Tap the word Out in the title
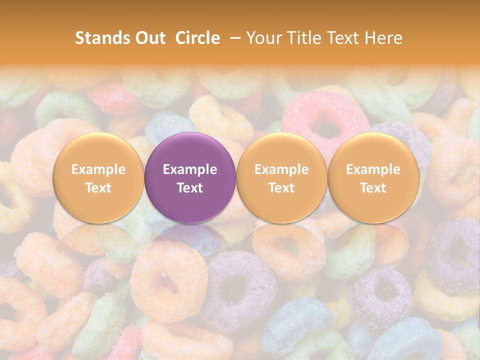tap(149, 38)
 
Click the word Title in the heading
tap(307, 38)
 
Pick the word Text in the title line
tap(346, 38)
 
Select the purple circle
tap(190, 178)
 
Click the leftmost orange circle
tap(98, 178)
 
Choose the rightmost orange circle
tap(373, 178)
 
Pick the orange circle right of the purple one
tap(281, 178)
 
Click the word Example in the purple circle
tap(190, 169)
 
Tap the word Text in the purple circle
tap(190, 188)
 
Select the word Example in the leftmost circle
tap(98, 169)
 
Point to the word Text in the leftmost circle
tap(98, 188)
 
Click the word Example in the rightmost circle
tap(373, 169)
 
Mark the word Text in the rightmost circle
tap(373, 188)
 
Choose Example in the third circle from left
tap(281, 169)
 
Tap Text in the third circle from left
tap(281, 188)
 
